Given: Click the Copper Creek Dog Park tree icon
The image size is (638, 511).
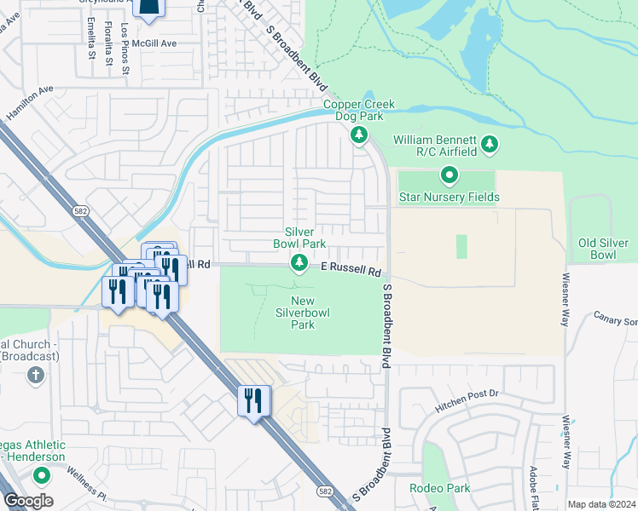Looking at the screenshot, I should click(x=359, y=135).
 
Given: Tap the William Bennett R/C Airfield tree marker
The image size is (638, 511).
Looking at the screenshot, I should click(x=490, y=145).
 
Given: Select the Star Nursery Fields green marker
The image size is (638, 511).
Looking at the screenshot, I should click(x=449, y=176).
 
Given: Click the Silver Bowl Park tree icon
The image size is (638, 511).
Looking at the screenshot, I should click(x=299, y=262).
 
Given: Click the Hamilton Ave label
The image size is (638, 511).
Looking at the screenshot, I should click(x=29, y=101).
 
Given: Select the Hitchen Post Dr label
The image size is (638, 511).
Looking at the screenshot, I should click(x=468, y=394).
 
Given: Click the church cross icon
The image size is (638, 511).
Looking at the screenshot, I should click(x=35, y=376).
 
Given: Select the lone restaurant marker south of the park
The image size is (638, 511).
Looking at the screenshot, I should click(x=253, y=401).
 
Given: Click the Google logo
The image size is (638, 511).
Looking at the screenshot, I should click(x=28, y=501).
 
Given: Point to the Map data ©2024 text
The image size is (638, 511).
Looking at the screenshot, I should click(x=600, y=504).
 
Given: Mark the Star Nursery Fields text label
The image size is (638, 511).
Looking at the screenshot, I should click(x=449, y=198).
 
